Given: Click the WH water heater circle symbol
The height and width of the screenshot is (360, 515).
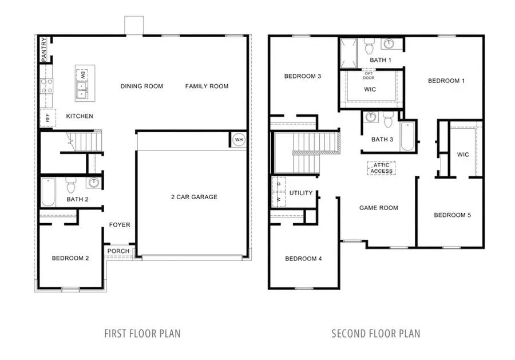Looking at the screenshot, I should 238,139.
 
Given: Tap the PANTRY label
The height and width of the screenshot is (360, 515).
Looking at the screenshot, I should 43,50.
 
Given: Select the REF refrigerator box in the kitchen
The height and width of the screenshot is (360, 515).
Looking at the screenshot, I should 47,118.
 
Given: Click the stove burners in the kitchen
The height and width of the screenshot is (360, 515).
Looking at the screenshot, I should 47,86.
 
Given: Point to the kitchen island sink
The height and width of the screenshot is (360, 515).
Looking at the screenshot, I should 82,89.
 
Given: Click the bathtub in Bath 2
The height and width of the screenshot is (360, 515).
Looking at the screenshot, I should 47,193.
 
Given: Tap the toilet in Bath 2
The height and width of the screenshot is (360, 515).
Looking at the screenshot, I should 72,185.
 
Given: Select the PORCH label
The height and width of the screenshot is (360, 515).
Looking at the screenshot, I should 118,251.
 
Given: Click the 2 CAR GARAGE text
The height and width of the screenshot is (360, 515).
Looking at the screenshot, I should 194,197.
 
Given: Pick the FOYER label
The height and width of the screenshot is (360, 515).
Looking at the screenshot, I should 120,225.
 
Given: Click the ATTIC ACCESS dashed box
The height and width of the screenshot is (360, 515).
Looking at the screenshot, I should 381,168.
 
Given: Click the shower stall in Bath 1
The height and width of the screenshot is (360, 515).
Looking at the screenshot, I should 348,53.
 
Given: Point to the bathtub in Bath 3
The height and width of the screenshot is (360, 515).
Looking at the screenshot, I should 407,136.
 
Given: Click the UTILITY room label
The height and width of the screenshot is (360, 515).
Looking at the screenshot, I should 301,193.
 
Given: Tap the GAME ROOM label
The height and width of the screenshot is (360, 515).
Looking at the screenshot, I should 378,208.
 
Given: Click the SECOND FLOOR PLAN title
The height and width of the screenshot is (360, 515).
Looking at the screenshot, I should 376,333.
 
